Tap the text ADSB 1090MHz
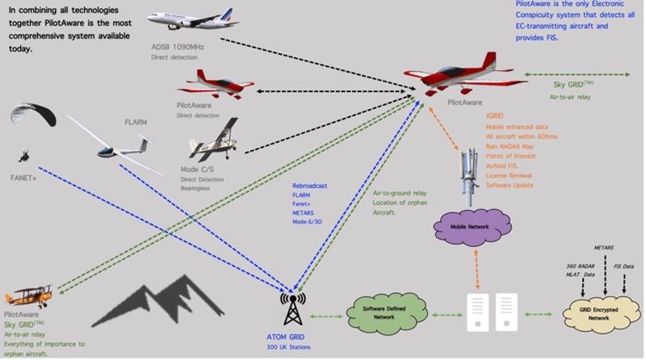(178, 47)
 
